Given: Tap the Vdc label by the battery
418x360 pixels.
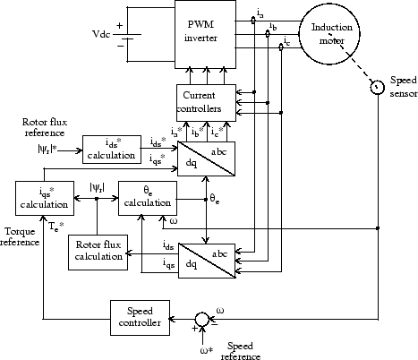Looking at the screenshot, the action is coord(101,34).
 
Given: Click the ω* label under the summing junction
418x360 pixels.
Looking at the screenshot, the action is coord(207,350).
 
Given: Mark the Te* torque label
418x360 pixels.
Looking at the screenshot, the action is coord(56,227).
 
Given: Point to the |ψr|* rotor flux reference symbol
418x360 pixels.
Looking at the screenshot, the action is coord(47,149).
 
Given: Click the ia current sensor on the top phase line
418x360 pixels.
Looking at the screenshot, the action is coord(253,21).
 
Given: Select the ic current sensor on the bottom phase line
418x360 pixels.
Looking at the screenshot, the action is coord(281,47).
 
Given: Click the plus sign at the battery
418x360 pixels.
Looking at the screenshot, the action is coord(120,26).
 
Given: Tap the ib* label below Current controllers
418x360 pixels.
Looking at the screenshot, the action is coord(198,132).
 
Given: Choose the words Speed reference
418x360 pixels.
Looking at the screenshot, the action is coord(241,351).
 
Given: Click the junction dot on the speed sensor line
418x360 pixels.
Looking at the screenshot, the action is coord(378,228).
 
